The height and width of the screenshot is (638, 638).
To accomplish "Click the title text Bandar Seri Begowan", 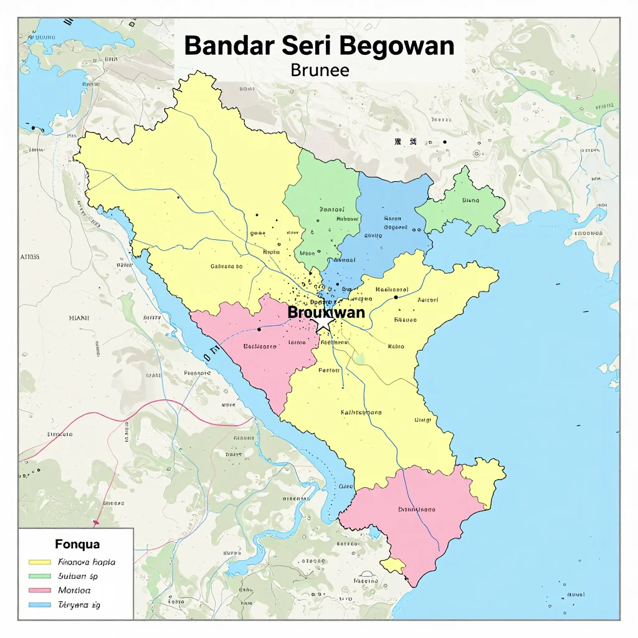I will (319, 47).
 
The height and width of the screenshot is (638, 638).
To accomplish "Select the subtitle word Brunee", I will (319, 70).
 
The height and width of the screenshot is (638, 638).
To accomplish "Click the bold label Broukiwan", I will (326, 312).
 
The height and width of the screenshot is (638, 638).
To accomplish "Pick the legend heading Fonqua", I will (77, 545).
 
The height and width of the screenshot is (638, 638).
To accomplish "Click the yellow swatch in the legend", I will (40, 562).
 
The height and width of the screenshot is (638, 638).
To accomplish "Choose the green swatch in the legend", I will (40, 576).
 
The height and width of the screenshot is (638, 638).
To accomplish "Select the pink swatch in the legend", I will (40, 591).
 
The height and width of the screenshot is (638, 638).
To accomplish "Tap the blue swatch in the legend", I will (40, 605).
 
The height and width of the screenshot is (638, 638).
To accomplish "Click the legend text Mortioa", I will (74, 590).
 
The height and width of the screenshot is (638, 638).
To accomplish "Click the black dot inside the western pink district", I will (259, 330).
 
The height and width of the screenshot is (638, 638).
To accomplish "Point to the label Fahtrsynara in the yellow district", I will (361, 412).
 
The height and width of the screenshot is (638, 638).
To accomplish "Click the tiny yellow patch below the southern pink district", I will (393, 565).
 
